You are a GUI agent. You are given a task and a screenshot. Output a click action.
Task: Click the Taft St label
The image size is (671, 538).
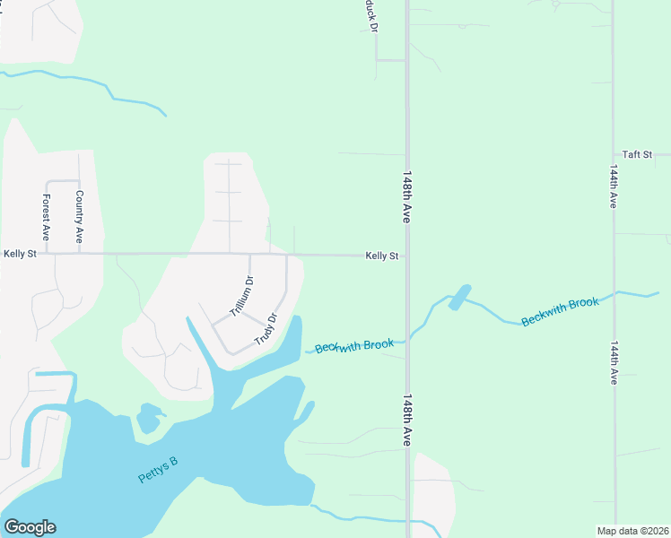637,154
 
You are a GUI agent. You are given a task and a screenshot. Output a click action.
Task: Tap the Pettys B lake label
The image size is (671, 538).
158,470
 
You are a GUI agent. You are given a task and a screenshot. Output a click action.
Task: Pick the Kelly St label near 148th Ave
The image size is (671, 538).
381,256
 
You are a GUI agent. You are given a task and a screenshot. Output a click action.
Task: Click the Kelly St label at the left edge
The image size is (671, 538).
20,254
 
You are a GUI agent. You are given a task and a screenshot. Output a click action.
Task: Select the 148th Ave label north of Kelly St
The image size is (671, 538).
407,197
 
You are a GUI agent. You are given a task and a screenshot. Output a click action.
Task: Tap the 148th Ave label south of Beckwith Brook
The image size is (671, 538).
407,420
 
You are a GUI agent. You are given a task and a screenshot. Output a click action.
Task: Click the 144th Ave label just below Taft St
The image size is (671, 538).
614,186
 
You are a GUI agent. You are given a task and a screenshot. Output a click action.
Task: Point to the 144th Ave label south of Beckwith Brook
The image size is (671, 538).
614,362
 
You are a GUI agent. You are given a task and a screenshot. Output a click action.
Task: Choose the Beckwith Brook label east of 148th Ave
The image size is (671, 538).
559,310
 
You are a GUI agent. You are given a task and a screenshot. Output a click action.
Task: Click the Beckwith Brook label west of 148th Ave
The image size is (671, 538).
354,345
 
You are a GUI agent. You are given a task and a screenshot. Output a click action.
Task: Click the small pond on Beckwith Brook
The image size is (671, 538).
457,297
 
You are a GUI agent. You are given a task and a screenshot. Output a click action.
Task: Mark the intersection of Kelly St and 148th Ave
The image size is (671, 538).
407,256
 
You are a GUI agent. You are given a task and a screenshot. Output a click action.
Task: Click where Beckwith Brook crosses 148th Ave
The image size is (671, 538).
408,338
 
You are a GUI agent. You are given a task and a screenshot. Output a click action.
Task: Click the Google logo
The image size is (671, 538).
30,527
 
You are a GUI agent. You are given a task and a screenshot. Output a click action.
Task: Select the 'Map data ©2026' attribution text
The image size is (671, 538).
632,531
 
